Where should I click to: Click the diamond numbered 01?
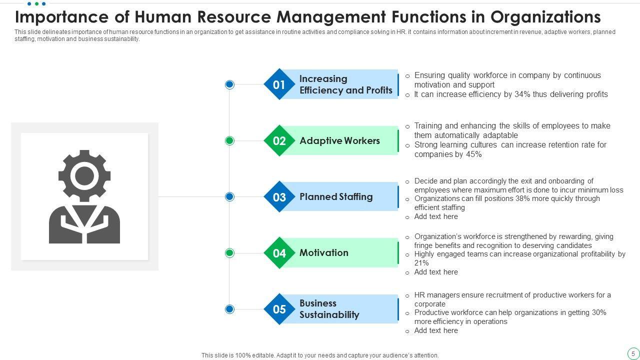279,84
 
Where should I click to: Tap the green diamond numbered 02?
279,140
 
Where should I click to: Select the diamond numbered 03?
279,197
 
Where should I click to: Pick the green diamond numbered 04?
279,253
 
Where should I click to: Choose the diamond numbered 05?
279,309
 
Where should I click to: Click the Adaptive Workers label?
339,140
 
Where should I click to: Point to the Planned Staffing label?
336,197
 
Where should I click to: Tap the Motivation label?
324,253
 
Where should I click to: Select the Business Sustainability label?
329,309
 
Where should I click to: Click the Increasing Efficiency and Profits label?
345,84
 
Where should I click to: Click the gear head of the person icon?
84,175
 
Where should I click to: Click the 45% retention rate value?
473,154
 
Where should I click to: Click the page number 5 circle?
633,353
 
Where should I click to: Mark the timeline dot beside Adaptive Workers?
229,140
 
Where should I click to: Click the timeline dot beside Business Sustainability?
229,309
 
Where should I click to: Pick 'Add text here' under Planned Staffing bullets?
436,216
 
